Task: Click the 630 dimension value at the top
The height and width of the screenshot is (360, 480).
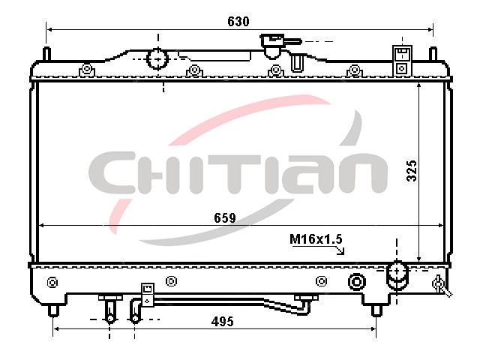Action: (x=238, y=22)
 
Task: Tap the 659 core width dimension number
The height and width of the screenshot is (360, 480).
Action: (x=225, y=218)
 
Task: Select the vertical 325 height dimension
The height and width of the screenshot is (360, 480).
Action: (x=412, y=170)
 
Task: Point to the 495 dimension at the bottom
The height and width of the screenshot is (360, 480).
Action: (x=223, y=322)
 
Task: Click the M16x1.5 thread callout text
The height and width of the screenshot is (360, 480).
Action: (x=316, y=239)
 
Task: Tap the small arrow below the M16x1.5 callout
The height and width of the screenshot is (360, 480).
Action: (x=340, y=250)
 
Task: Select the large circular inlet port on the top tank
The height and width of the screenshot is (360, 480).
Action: (x=157, y=58)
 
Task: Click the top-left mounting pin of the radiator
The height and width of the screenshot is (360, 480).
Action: (x=46, y=54)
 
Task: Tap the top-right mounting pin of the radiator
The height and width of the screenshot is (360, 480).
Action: (x=433, y=54)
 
